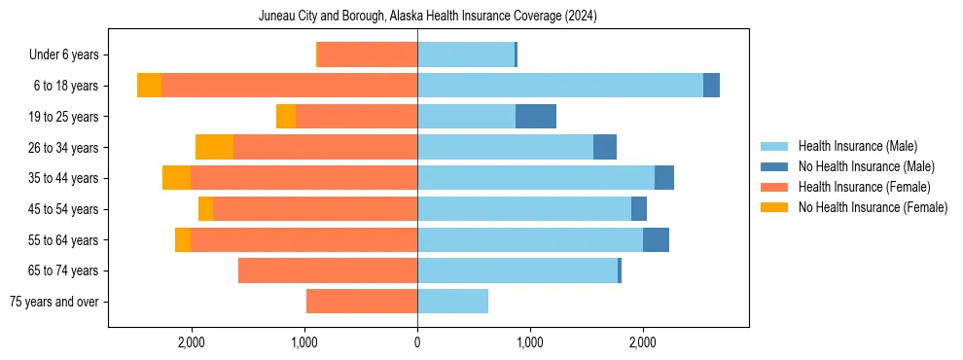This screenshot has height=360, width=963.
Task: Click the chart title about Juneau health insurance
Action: pos(428,17)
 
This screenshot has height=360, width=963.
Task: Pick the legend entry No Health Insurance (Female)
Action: pos(873,207)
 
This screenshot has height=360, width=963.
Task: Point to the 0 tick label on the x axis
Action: pos(417,342)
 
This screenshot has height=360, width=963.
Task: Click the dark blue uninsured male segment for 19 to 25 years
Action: pos(535,117)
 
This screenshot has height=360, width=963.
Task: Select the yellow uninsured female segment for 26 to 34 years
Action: pos(214,147)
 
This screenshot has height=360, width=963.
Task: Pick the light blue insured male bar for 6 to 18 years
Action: pos(559,86)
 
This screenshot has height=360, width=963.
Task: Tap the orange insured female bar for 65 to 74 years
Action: pos(327,270)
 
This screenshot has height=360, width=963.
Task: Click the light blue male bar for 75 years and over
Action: pos(452,302)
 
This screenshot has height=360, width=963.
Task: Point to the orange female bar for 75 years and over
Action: pos(362,302)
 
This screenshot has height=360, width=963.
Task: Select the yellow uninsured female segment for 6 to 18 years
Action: pos(149,86)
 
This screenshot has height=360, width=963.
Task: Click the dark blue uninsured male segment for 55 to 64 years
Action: pos(656,239)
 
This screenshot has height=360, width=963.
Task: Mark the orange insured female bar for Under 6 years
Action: pos(368,55)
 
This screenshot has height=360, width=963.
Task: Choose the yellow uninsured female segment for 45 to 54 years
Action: pos(205,209)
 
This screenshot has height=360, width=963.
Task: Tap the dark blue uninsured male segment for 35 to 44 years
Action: pos(664,178)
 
